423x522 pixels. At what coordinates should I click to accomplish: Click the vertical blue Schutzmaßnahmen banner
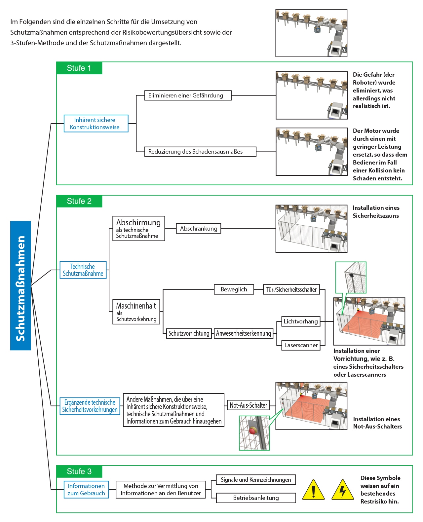point(20,285)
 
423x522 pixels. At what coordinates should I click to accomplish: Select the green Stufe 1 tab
point(79,68)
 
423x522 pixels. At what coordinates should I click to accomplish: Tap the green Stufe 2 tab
point(79,201)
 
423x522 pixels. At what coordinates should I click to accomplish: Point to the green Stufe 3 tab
point(79,471)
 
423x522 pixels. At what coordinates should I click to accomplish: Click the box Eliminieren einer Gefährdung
point(188,95)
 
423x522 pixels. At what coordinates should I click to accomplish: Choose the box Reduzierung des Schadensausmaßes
point(200,151)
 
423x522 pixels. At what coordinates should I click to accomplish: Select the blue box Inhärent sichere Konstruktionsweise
point(96,123)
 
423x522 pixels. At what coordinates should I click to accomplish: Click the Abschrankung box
point(199,228)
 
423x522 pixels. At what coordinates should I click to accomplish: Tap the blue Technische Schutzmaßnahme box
point(83,270)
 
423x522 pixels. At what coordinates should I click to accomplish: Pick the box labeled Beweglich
point(234,289)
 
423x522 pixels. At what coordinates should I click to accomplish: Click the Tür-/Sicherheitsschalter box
point(291,289)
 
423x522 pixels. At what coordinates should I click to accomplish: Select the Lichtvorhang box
point(301,321)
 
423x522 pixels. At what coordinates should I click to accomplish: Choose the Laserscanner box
point(301,345)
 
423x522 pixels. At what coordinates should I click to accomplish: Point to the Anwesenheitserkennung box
point(243,333)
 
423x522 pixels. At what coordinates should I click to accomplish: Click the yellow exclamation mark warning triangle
point(314,490)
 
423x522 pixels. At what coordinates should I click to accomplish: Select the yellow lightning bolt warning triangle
point(343,490)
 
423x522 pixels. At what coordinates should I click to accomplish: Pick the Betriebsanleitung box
point(256,498)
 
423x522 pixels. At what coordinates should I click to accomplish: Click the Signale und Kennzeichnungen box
point(256,480)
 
